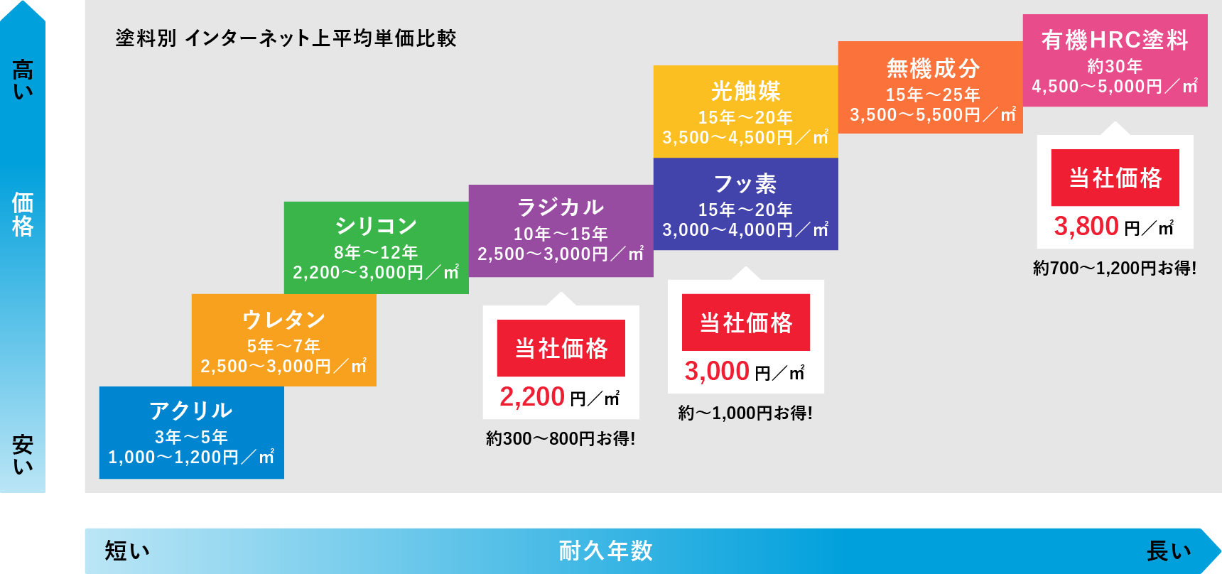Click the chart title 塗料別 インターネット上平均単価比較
point(286,38)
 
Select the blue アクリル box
point(192,433)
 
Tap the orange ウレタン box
point(284,340)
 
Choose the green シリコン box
point(377,248)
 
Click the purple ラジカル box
point(561,231)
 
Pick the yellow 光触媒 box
point(746,112)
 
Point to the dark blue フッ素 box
point(746,204)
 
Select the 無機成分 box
point(931,87)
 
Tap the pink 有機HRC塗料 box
point(1115,60)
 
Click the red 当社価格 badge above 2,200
point(561,348)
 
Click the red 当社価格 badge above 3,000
point(746,323)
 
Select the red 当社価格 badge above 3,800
point(1115,178)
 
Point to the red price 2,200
point(532,397)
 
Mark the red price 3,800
point(1086,227)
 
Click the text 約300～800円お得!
point(561,439)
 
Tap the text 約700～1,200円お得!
point(1115,269)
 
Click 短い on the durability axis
point(127,551)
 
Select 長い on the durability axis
point(1169,551)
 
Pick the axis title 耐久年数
point(605,551)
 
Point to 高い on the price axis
point(23,80)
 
